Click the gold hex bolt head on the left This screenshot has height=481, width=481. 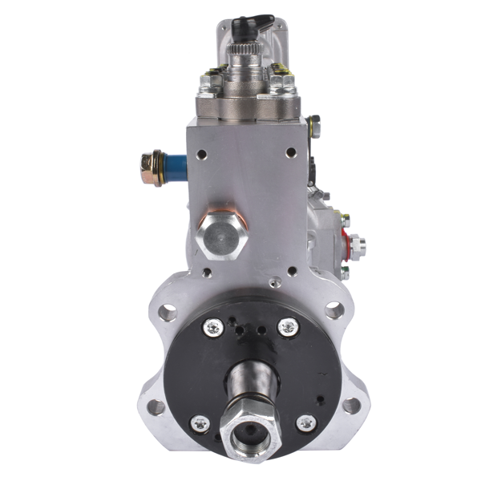click(150, 169)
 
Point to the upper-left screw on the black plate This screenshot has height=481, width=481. click(214, 326)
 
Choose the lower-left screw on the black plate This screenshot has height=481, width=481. click(200, 423)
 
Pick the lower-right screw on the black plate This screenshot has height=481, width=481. click(305, 423)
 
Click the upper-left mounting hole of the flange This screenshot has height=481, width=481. click(168, 312)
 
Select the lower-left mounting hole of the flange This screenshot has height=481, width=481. click(156, 406)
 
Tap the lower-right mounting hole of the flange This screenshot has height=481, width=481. click(350, 406)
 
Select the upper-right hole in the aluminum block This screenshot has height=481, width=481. click(291, 152)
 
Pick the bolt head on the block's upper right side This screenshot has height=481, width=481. click(313, 125)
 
